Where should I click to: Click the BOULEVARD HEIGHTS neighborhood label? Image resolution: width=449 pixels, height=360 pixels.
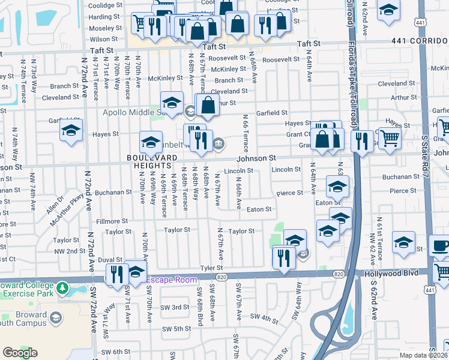(151, 162)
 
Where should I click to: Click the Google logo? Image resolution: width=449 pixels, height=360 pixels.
(20, 353)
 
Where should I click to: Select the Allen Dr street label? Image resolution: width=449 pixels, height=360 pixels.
(54, 204)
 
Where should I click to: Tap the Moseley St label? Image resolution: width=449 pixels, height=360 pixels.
(106, 28)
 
